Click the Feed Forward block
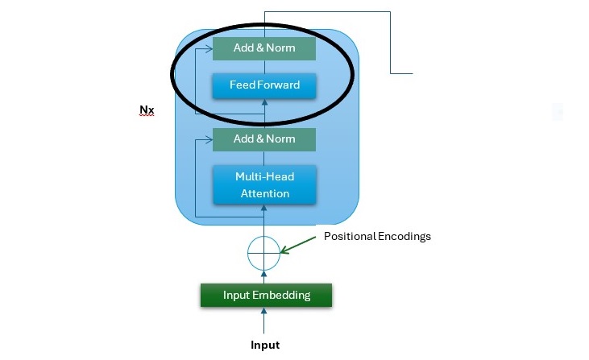click(x=264, y=85)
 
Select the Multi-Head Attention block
click(x=264, y=184)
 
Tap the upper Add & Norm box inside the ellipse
click(x=264, y=48)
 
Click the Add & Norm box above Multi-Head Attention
click(x=264, y=139)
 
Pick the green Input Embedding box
click(x=266, y=295)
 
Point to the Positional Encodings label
click(x=377, y=237)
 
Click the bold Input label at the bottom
click(x=265, y=345)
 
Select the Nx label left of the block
click(x=147, y=110)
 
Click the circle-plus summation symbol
click(x=265, y=253)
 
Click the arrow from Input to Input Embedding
click(x=265, y=321)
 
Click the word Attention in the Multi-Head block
click(x=264, y=193)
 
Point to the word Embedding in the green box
click(x=282, y=295)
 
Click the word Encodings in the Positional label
click(x=403, y=237)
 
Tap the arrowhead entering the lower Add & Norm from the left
click(x=209, y=139)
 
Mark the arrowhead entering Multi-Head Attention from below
click(x=265, y=209)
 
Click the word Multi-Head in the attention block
click(x=264, y=176)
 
